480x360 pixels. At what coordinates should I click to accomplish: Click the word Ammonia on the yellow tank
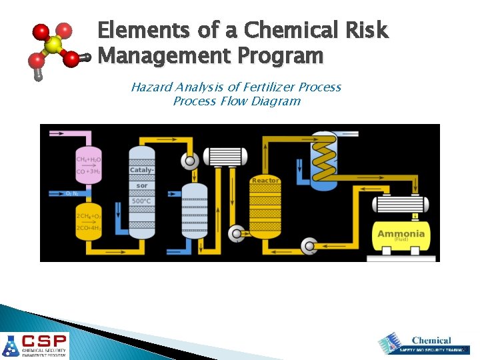[x=401, y=233]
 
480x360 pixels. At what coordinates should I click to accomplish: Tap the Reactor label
[x=265, y=181]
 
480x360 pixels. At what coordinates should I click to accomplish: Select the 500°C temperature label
[x=141, y=201]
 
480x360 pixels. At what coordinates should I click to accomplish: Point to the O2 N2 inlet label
[x=73, y=193]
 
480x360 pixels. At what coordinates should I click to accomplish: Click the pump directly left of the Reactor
[x=235, y=233]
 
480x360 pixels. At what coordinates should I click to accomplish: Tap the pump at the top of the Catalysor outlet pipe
[x=190, y=161]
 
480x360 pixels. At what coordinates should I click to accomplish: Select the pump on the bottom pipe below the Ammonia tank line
[x=309, y=246]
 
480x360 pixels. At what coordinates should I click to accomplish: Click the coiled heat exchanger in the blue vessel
[x=325, y=157]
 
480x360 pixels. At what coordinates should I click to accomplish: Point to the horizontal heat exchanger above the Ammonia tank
[x=400, y=203]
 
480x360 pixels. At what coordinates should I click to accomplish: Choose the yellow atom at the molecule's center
[x=53, y=45]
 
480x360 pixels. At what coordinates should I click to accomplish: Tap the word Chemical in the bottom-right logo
[x=431, y=341]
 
